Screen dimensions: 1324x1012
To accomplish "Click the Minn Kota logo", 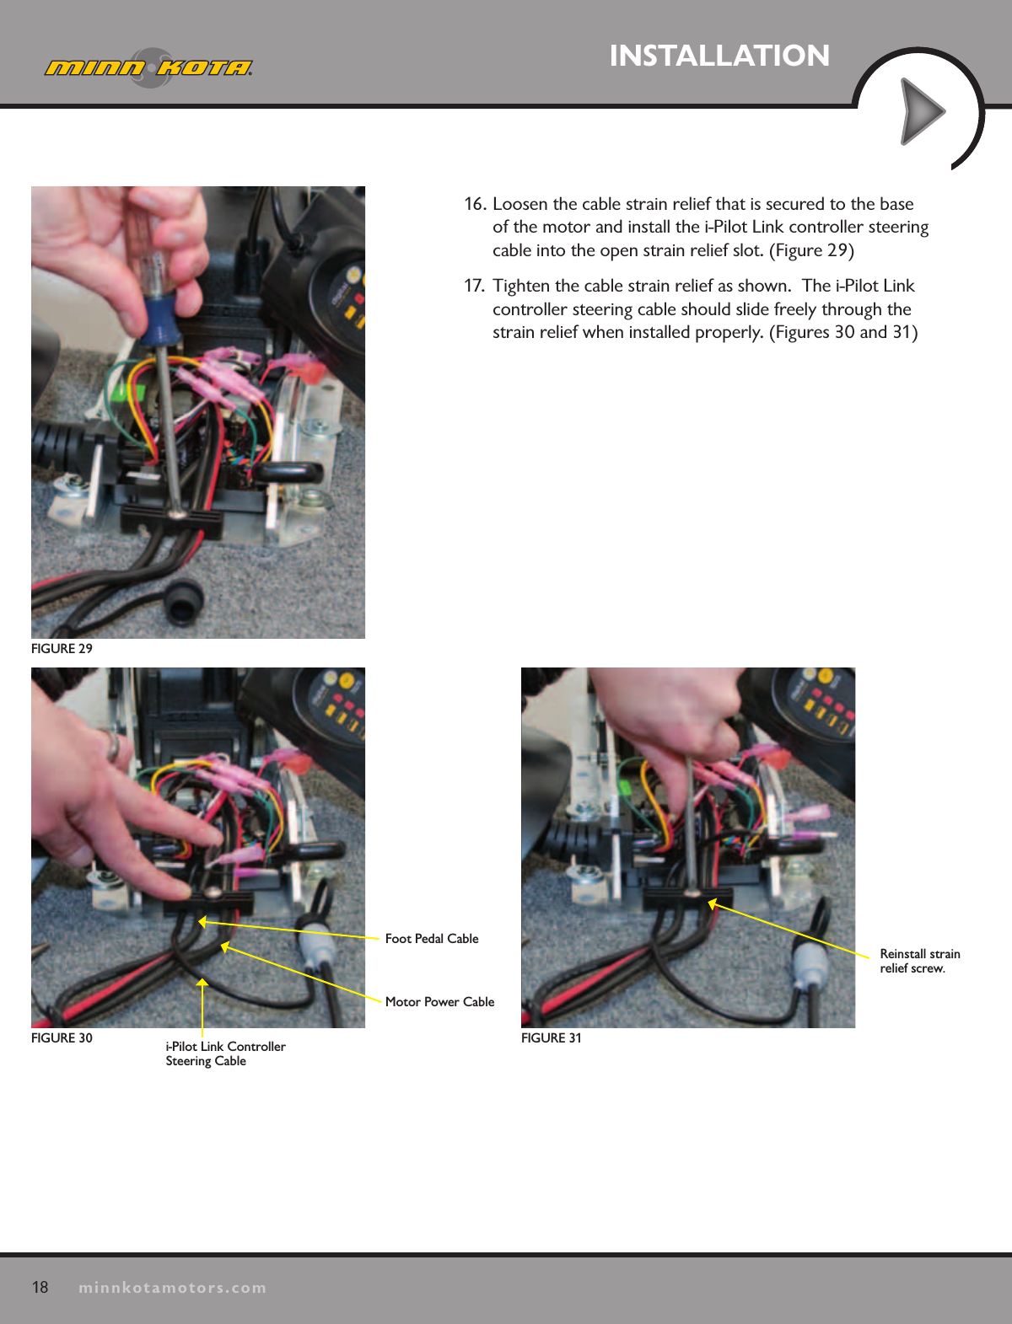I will click(149, 67).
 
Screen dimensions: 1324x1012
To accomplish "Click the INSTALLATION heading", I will click(719, 56).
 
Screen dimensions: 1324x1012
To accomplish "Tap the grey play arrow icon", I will click(922, 111).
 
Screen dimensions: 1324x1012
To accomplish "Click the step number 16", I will click(475, 204).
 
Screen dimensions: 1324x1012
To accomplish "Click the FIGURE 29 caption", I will click(62, 648).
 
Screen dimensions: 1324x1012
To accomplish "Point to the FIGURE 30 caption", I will click(62, 1037).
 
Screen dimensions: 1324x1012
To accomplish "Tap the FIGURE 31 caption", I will click(551, 1037).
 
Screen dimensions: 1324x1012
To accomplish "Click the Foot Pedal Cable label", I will click(431, 938).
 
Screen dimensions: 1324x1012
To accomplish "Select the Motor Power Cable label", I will click(439, 1001).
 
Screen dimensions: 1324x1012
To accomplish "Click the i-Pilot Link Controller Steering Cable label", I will click(225, 1053).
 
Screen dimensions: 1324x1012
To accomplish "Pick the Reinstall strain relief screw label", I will click(919, 961).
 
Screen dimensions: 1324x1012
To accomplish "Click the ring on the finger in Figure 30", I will click(113, 745).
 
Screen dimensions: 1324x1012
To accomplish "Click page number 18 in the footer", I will click(40, 1287).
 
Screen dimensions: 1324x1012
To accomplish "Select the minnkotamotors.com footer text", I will click(172, 1287).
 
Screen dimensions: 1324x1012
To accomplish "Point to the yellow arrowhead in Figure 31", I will click(713, 904).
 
